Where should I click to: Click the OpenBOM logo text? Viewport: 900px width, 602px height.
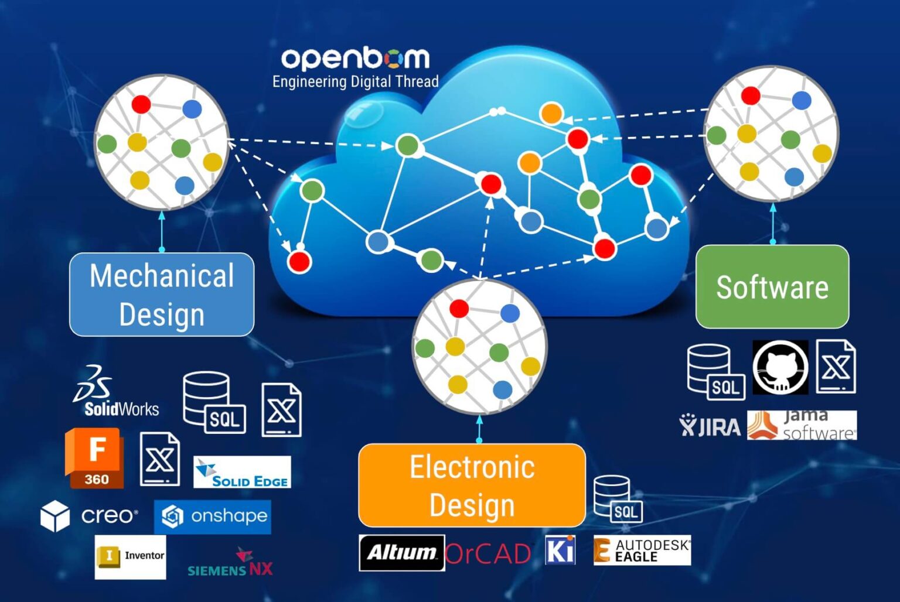pos(355,58)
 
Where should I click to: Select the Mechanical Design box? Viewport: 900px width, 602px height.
pos(162,295)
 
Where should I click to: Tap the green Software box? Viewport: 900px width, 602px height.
pos(772,287)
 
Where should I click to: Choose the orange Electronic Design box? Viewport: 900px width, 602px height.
pos(472,485)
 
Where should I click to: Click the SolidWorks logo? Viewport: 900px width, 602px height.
pos(117,392)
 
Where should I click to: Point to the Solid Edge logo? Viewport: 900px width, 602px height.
pos(242,473)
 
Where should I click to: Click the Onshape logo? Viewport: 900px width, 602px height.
pos(213,517)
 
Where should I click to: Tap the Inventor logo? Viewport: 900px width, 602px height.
pos(131,556)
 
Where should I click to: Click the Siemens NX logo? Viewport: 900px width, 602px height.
pos(230,564)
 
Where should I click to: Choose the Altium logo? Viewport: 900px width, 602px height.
pos(401,552)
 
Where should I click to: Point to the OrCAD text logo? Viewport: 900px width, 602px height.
pos(488,553)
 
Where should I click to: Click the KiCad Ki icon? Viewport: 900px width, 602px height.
pos(560,550)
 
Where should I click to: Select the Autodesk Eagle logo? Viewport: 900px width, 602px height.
pos(642,550)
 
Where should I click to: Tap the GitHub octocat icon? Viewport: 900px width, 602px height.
pos(780,367)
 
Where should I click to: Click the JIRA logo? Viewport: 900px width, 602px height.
pos(710,426)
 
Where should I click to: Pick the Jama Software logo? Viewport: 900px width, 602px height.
pos(802,425)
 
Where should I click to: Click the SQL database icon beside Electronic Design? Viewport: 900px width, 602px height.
pos(618,500)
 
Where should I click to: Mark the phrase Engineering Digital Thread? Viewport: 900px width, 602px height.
pos(355,81)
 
